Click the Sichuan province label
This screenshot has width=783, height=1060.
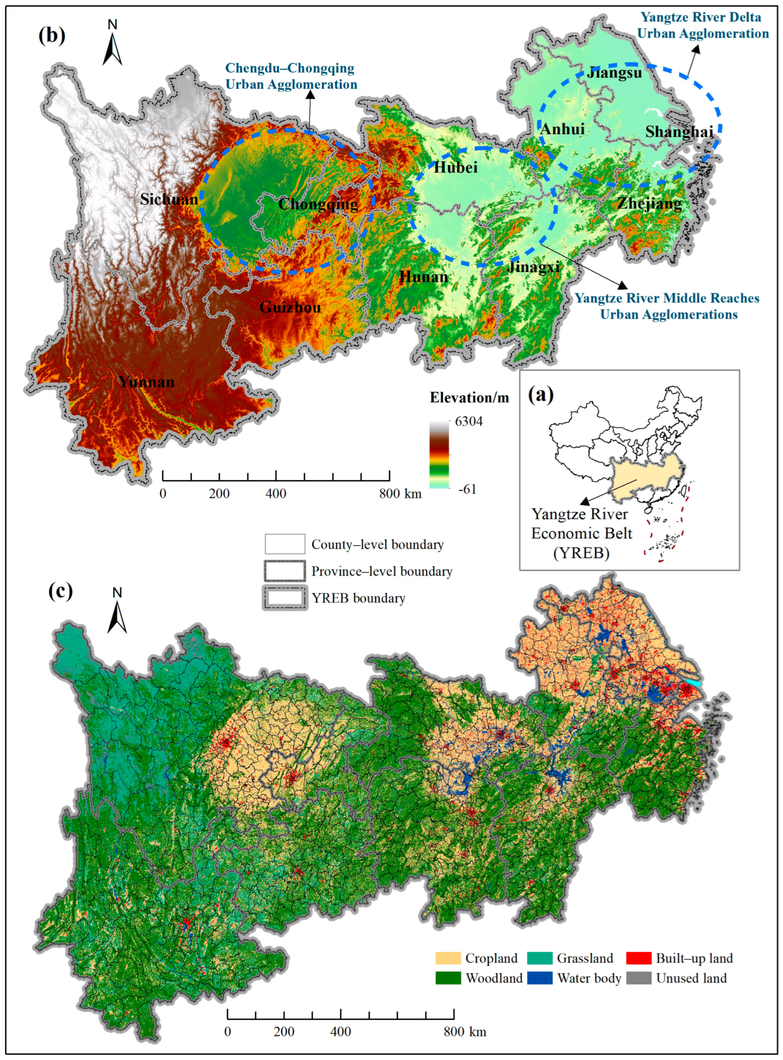169,199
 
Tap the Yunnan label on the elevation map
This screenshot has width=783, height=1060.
147,382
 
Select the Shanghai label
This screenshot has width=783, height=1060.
679,131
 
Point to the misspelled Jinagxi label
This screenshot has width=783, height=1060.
533,267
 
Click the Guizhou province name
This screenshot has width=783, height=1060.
290,307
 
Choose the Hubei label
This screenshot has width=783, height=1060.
455,167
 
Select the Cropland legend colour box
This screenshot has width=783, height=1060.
448,958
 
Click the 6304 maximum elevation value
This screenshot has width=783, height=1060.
469,421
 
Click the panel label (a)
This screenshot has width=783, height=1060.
541,394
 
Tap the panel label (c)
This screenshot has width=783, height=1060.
61,591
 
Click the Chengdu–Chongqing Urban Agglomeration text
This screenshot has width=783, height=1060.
291,76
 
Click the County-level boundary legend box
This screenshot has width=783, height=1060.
284,544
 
